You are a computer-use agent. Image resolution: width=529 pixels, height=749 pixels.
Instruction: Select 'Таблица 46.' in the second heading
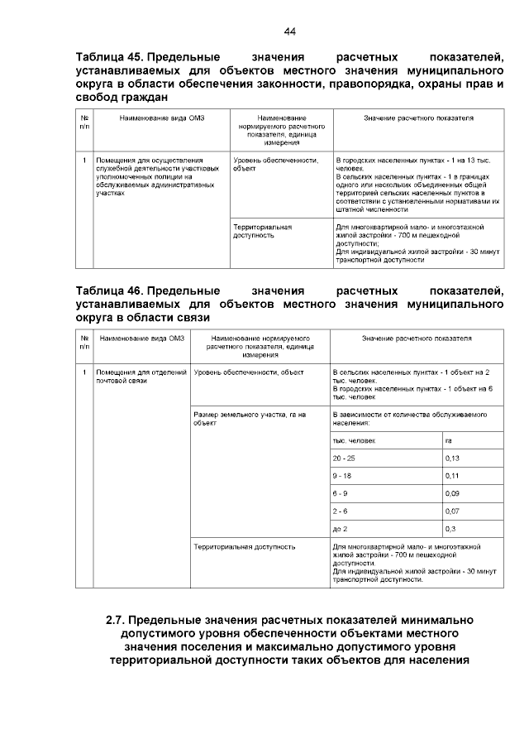tap(109, 291)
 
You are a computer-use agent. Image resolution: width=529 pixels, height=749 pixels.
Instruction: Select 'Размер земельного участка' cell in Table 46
tap(249, 418)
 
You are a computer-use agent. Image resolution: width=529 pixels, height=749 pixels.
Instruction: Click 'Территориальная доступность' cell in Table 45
tap(262, 230)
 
